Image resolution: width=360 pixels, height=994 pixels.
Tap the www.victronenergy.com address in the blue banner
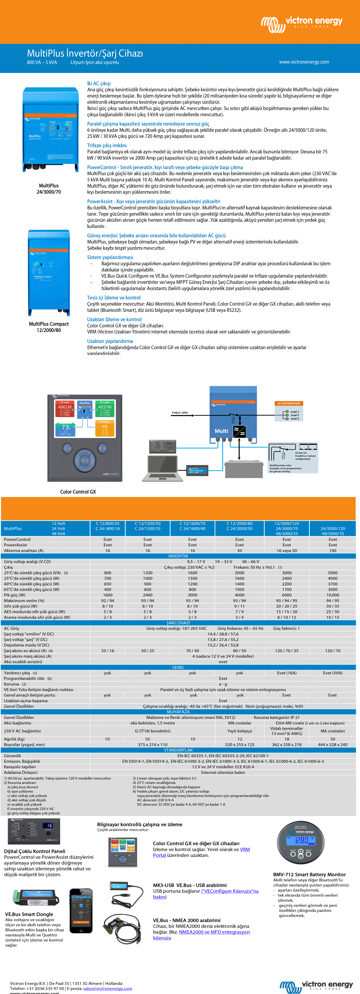coord(304,62)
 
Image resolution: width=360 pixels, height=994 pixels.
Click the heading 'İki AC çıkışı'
coord(99,83)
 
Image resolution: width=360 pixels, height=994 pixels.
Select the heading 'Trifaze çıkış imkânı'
coord(107,146)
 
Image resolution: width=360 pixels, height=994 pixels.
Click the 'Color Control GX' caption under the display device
coord(78,492)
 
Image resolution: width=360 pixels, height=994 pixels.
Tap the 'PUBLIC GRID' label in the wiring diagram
coord(180,413)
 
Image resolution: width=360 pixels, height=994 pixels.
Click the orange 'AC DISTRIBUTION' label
coord(289,403)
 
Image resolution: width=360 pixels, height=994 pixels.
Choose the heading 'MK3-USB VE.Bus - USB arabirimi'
coord(190,885)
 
